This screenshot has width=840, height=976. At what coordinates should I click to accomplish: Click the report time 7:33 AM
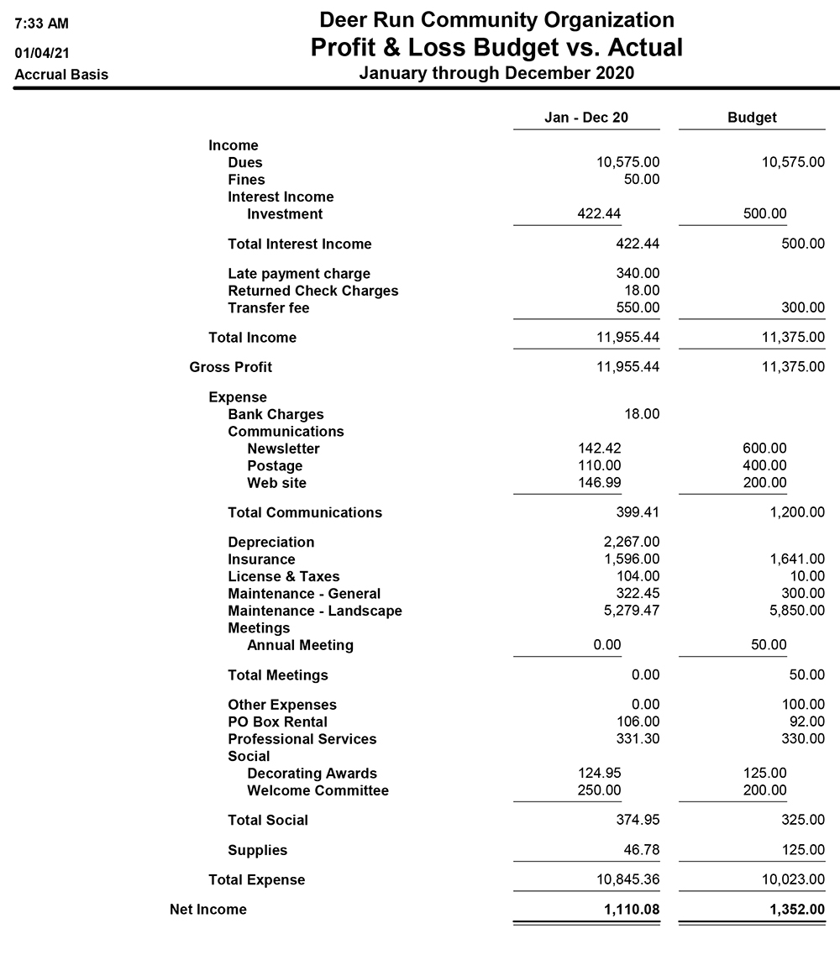pyautogui.click(x=42, y=23)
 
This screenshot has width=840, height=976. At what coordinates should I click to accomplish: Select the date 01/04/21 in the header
pyautogui.click(x=42, y=53)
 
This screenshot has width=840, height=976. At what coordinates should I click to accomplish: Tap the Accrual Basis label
pyautogui.click(x=61, y=75)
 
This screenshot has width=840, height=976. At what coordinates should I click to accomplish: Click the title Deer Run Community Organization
pyautogui.click(x=496, y=20)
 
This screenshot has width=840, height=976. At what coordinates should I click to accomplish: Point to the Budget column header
pyautogui.click(x=752, y=118)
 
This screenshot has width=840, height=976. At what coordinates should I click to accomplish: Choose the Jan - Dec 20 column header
pyautogui.click(x=586, y=118)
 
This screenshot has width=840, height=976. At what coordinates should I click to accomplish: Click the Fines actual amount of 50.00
pyautogui.click(x=642, y=180)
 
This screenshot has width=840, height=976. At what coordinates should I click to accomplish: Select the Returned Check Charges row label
pyautogui.click(x=312, y=291)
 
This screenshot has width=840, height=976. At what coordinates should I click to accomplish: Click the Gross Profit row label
pyautogui.click(x=231, y=367)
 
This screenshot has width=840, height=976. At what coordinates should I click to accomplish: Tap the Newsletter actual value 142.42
pyautogui.click(x=599, y=449)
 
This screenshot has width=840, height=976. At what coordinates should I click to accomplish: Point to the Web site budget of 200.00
pyautogui.click(x=764, y=483)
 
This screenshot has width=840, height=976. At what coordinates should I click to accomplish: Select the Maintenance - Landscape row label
pyautogui.click(x=314, y=611)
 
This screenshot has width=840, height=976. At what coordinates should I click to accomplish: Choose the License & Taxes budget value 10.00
pyautogui.click(x=806, y=576)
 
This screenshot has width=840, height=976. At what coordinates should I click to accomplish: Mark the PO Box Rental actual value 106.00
pyautogui.click(x=638, y=722)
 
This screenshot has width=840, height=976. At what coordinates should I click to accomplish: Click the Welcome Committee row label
pyautogui.click(x=318, y=790)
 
